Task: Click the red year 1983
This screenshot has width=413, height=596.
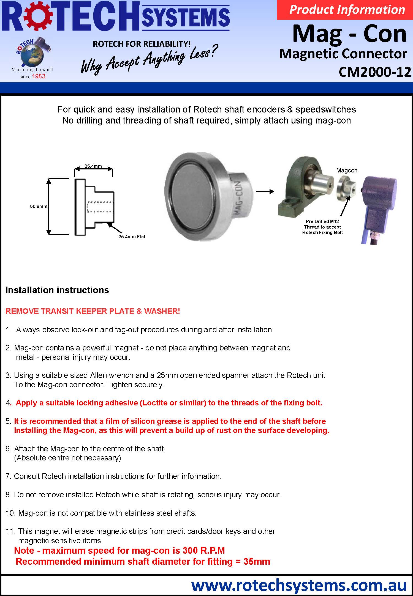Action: (x=39, y=76)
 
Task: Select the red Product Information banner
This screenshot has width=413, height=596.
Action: (x=345, y=10)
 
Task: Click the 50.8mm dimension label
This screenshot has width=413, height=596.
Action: (x=39, y=206)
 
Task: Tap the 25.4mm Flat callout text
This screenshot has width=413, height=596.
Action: (x=132, y=237)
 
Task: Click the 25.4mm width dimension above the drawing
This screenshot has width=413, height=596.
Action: (x=93, y=166)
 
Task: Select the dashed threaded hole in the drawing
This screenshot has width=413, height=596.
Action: (x=100, y=207)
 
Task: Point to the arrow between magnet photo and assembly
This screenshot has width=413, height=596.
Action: (x=265, y=191)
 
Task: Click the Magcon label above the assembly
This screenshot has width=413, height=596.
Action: (x=347, y=171)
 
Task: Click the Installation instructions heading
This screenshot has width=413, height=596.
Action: (x=57, y=290)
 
